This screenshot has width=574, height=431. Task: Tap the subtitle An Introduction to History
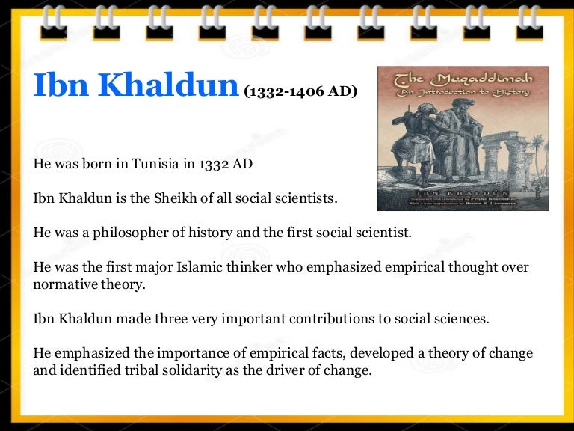pos(463,92)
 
